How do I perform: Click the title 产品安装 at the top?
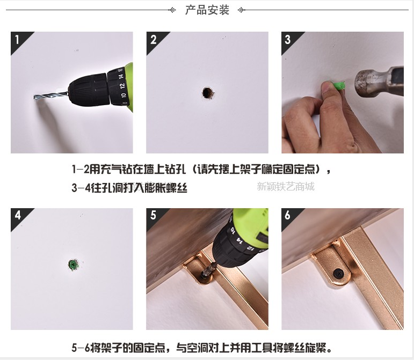207,10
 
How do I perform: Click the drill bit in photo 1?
50,95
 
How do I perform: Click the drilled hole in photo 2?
207,93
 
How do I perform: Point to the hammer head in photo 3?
379,82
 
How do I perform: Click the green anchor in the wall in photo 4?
74,265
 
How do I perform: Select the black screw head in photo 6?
338,273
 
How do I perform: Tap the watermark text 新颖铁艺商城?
286,187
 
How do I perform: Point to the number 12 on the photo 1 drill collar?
122,86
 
